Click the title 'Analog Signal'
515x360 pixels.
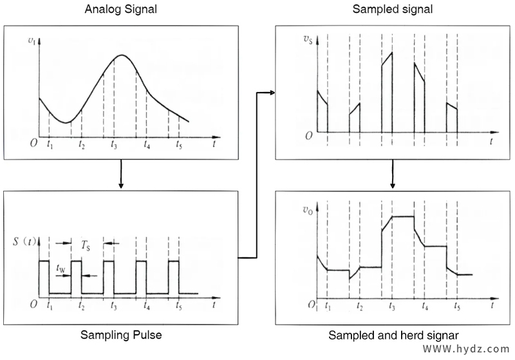pyautogui.click(x=120, y=10)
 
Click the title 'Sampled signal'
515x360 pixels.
pyautogui.click(x=392, y=10)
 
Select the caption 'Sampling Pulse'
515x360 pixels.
pyautogui.click(x=121, y=335)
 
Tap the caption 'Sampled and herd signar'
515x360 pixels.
pyautogui.click(x=393, y=335)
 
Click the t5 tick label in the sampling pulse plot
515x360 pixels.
pyautogui.click(x=178, y=307)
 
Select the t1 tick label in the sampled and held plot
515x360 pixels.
pyautogui.click(x=328, y=307)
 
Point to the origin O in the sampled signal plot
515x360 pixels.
pyautogui.click(x=309, y=136)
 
